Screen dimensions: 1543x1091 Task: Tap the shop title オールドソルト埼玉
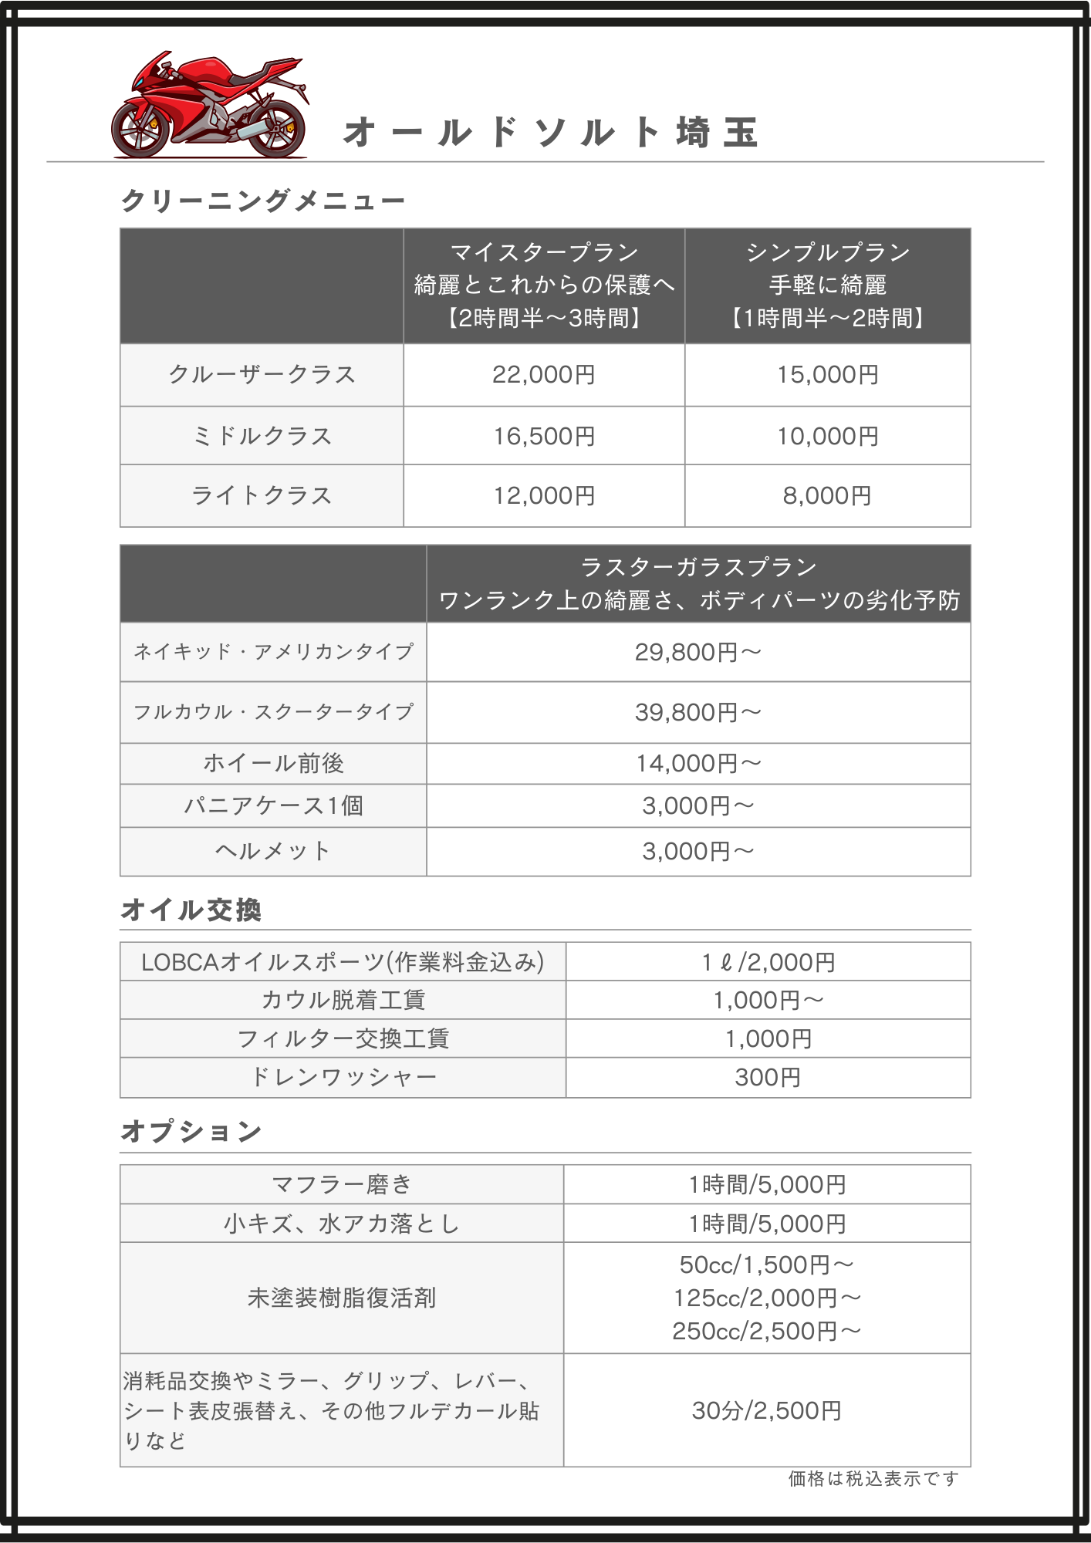coord(551,133)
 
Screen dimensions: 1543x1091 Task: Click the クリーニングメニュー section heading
coord(262,201)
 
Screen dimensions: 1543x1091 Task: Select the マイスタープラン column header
coord(544,252)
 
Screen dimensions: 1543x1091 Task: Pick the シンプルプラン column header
coord(827,252)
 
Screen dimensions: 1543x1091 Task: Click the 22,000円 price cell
coord(544,375)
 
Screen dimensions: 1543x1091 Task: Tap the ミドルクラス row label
coord(262,437)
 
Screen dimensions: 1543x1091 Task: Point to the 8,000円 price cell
coord(827,496)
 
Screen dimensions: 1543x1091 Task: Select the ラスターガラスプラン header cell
coord(698,568)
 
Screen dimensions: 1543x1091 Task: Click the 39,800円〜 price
coord(698,713)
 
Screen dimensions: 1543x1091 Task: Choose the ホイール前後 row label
coord(273,764)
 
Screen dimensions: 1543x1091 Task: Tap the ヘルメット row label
coord(273,852)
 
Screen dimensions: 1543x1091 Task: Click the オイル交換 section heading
coord(191,910)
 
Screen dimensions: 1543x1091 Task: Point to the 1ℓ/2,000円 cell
coord(768,963)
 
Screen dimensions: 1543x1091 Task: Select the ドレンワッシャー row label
coord(343,1078)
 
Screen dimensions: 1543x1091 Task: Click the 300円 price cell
coord(768,1078)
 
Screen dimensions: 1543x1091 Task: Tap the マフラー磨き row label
coord(342,1185)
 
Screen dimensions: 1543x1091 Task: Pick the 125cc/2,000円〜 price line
coord(767,1298)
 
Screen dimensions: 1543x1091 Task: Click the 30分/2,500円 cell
coord(767,1411)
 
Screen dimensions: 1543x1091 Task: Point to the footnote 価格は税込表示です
coord(873,1479)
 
